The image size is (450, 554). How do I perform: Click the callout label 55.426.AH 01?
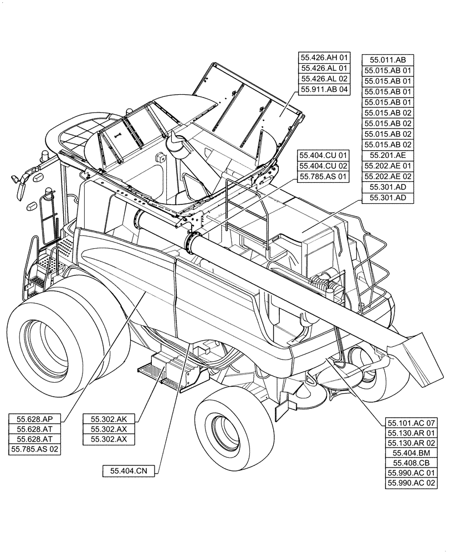point(325,57)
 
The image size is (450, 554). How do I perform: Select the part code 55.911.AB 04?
point(325,89)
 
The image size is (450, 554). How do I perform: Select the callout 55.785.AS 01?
point(324,177)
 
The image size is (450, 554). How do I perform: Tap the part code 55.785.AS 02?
point(34,450)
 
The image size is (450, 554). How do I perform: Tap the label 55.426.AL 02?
point(325,78)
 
